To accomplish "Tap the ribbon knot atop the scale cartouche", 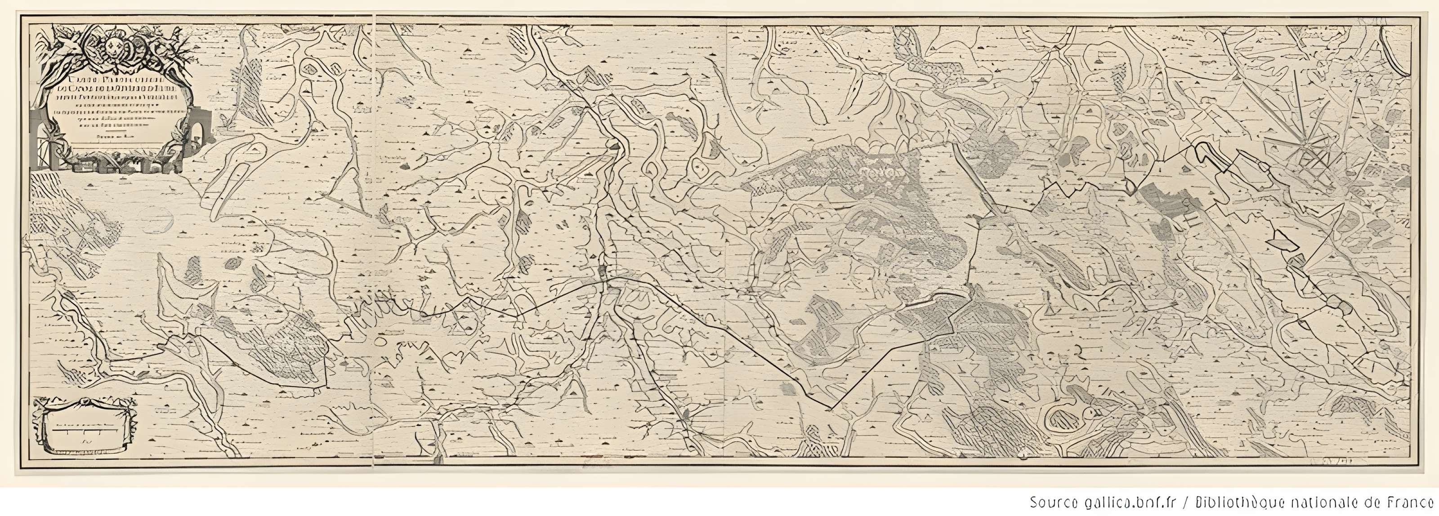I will (x=85, y=401).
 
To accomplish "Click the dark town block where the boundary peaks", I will (x=604, y=272).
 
